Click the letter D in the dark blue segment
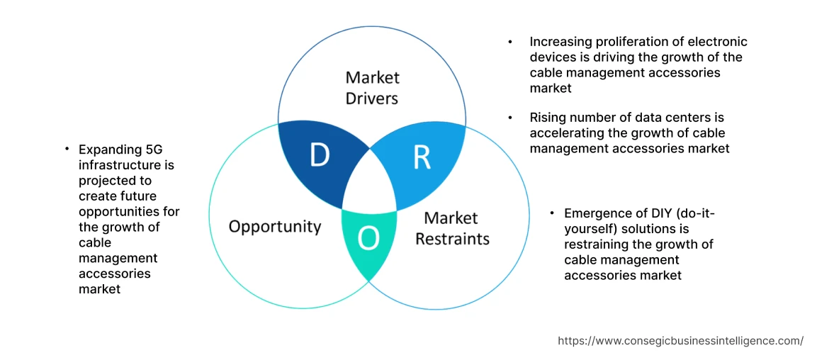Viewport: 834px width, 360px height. pos(320,156)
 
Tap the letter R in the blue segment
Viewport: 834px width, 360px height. pos(422,158)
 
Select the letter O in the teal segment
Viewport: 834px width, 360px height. pos(368,240)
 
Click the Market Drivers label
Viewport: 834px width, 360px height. pos(372,87)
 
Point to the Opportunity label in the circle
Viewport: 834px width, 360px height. pos(275,227)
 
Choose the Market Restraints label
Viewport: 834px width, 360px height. pos(452,228)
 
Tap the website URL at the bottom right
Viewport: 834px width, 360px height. pos(680,341)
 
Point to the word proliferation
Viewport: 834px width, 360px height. pos(626,42)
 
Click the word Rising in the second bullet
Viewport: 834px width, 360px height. pos(547,118)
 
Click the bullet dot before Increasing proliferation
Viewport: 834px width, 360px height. pos(510,43)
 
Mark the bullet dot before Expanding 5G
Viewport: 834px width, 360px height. pos(67,149)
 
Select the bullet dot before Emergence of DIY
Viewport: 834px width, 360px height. pos(552,213)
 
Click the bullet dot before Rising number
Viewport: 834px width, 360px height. pos(510,118)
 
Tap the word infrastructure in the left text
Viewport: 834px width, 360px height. pos(126,165)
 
